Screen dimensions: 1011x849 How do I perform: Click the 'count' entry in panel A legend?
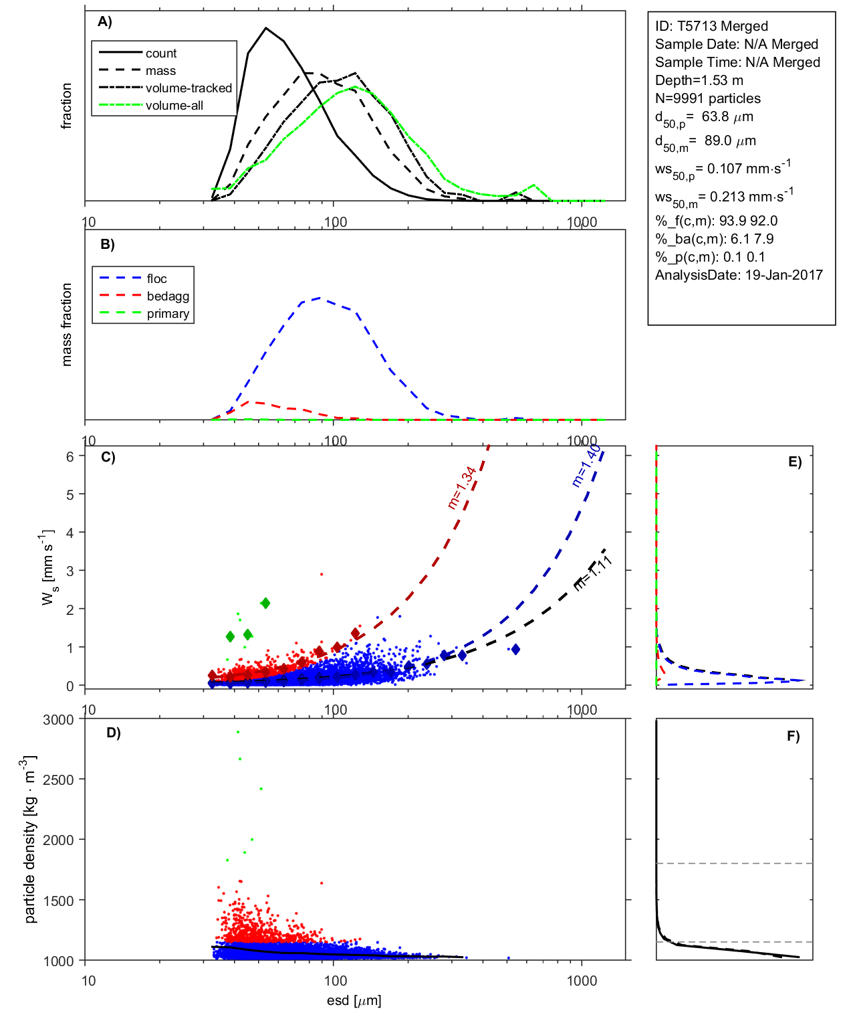[x=160, y=54]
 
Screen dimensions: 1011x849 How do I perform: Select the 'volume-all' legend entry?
[x=174, y=106]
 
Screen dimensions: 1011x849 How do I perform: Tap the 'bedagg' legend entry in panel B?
[x=168, y=296]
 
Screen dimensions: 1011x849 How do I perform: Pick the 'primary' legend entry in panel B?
[x=168, y=314]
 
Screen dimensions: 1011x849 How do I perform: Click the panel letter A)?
[x=105, y=22]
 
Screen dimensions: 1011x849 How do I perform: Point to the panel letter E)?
[x=794, y=462]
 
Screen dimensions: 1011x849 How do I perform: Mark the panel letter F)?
[x=793, y=736]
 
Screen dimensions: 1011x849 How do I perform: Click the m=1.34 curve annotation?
[x=462, y=488]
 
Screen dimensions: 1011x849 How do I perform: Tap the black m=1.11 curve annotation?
[x=593, y=573]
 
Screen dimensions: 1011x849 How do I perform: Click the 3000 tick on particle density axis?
[x=58, y=720]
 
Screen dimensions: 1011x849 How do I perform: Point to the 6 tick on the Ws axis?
[x=70, y=456]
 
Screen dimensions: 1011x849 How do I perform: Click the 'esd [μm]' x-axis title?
[x=354, y=1000]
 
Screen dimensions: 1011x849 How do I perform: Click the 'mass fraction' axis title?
[x=66, y=325]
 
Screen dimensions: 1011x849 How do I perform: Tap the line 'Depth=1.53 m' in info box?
[x=699, y=80]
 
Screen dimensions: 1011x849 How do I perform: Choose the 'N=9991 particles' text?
[x=707, y=98]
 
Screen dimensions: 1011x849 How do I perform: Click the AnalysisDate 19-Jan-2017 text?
[x=739, y=275]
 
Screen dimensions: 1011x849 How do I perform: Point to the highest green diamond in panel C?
[x=265, y=603]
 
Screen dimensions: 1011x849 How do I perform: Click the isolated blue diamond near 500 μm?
[x=515, y=649]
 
